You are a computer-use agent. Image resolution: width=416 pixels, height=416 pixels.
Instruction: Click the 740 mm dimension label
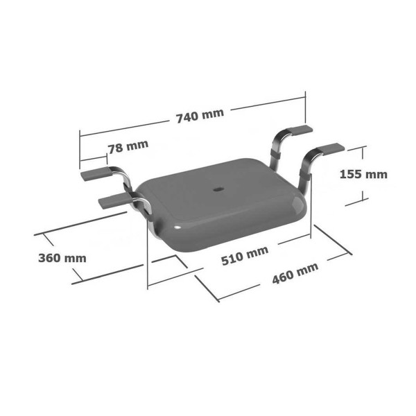(200, 116)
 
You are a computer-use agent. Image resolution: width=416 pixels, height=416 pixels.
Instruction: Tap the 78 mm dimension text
(128, 146)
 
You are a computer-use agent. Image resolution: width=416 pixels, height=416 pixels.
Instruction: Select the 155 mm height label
(363, 174)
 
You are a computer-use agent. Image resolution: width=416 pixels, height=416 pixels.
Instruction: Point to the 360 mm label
(62, 258)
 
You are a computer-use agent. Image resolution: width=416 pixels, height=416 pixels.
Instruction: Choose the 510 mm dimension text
(245, 256)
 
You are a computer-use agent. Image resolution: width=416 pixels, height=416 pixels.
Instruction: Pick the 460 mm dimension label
(295, 273)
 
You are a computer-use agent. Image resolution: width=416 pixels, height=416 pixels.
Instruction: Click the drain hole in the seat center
(218, 189)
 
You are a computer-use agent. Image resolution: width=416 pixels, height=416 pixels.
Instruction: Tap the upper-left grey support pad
(96, 174)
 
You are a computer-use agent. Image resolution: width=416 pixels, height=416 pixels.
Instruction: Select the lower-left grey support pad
(114, 201)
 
